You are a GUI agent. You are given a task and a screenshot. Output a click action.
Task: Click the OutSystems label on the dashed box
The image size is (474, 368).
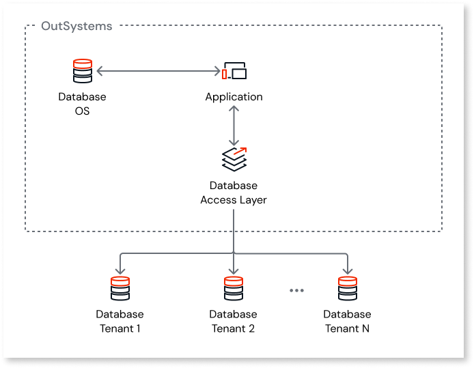pyautogui.click(x=76, y=26)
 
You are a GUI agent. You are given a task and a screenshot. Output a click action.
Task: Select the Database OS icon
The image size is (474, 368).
pyautogui.click(x=82, y=71)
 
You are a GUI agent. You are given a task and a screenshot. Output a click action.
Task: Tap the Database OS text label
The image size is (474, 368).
pyautogui.click(x=82, y=103)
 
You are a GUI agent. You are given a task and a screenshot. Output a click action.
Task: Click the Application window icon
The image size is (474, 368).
pyautogui.click(x=234, y=71)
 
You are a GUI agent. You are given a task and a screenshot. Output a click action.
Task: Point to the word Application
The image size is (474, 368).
pyautogui.click(x=234, y=97)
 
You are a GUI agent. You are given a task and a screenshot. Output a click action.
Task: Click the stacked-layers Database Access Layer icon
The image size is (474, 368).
pyautogui.click(x=234, y=158)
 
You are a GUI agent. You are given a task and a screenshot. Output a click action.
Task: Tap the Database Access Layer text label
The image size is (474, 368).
pyautogui.click(x=234, y=193)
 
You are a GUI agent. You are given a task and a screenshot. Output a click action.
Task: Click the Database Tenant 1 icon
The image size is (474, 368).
pyautogui.click(x=120, y=288)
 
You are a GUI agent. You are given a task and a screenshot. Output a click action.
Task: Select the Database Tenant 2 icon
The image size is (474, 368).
pyautogui.click(x=234, y=288)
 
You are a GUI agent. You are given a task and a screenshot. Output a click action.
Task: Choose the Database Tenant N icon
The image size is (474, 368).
pyautogui.click(x=347, y=288)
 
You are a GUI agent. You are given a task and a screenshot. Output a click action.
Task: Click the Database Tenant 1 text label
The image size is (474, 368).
pyautogui.click(x=120, y=321)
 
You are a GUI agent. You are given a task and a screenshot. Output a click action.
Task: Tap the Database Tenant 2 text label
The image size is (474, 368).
pyautogui.click(x=234, y=321)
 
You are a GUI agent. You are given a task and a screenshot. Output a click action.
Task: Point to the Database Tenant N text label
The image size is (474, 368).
pyautogui.click(x=347, y=321)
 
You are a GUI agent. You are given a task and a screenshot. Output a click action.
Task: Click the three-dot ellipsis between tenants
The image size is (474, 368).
pyautogui.click(x=296, y=290)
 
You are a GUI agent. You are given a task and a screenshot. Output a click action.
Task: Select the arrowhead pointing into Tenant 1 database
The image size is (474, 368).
pyautogui.click(x=120, y=270)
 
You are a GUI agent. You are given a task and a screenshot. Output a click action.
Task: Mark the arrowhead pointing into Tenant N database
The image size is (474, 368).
pyautogui.click(x=347, y=270)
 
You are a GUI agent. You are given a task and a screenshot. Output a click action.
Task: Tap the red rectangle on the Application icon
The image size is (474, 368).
pyautogui.click(x=223, y=73)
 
